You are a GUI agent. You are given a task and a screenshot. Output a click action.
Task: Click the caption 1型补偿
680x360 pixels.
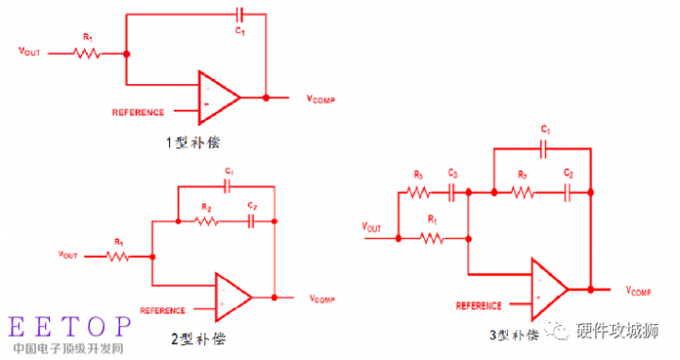point(194,144)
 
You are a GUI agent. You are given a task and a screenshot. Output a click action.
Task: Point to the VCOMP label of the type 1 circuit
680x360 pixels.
point(320,98)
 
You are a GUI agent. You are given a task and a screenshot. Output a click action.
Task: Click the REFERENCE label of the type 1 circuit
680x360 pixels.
point(138,111)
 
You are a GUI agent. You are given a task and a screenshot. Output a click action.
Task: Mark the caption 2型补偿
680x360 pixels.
point(197,337)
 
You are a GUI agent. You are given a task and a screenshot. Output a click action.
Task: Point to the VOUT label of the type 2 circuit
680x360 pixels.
point(68,254)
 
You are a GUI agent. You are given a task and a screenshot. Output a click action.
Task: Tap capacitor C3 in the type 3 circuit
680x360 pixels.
point(452,192)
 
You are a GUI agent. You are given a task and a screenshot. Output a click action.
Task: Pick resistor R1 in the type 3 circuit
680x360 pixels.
point(433,238)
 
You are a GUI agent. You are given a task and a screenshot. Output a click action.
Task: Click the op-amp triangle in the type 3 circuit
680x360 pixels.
point(549,286)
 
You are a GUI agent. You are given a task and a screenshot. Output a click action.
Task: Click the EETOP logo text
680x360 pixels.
point(69,327)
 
